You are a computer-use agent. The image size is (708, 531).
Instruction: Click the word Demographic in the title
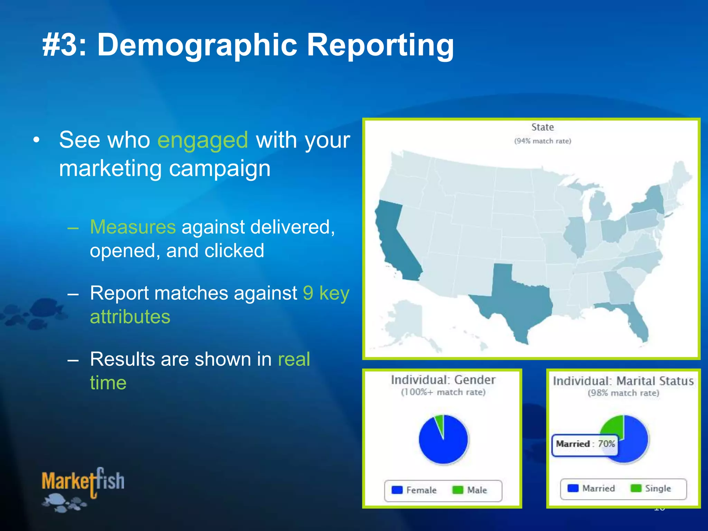click(197, 45)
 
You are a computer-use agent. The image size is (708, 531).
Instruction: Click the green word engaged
click(203, 140)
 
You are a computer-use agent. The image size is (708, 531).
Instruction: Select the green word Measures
click(133, 227)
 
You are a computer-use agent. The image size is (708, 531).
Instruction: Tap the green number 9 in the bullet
click(308, 293)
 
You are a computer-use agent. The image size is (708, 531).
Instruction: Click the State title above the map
click(542, 127)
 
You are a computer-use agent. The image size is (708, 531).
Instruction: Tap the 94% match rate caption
click(542, 141)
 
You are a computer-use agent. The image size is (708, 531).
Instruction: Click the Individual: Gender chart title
click(443, 380)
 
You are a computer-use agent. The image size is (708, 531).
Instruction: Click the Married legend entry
click(591, 488)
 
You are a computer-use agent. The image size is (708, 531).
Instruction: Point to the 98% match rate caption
click(623, 393)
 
